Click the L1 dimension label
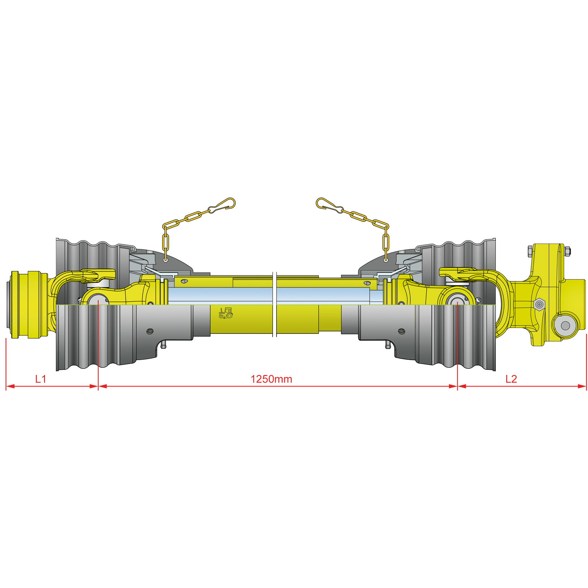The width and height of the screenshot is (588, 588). (41, 379)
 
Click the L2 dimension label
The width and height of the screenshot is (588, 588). (511, 379)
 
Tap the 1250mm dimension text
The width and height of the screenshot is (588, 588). (271, 379)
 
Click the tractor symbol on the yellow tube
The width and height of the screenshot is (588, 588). (225, 313)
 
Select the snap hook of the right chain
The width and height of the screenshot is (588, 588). (328, 205)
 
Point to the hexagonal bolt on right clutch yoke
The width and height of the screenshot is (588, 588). (539, 304)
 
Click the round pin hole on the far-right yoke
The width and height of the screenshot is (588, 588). (565, 326)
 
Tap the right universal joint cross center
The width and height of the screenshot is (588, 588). (457, 300)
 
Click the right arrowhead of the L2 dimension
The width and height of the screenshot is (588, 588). (582, 386)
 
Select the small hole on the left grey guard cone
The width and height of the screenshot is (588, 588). (150, 331)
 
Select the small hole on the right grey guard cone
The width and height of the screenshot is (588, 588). (401, 331)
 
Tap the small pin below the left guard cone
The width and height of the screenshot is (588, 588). (163, 345)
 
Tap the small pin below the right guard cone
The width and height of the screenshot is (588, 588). (388, 345)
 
